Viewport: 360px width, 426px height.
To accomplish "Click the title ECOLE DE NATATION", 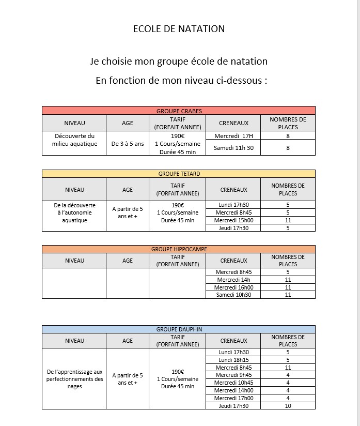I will coord(179,29).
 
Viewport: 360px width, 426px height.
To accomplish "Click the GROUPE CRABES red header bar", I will coord(179,111).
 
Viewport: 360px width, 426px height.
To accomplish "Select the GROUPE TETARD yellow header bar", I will coord(179,174).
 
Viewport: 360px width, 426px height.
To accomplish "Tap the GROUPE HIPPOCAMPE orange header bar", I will coord(179,249).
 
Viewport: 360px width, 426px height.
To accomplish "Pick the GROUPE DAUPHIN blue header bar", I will coord(179,329).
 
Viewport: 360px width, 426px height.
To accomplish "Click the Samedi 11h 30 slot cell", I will coord(233,148).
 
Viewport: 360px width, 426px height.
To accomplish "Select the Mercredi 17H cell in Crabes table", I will coord(233,136).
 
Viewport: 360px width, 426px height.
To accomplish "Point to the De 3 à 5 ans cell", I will coord(128,144).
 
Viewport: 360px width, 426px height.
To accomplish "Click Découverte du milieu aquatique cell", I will coord(74,140).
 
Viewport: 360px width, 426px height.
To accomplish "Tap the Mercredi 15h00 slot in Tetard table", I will coord(233,220).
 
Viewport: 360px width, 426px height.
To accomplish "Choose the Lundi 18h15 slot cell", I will coord(233,360).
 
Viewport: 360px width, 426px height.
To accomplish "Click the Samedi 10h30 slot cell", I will coord(233,295).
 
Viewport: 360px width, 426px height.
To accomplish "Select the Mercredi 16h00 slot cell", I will coord(233,287).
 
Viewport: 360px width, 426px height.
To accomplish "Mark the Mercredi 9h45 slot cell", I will coord(233,375).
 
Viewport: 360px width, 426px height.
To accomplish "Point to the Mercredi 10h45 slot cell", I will coord(233,383).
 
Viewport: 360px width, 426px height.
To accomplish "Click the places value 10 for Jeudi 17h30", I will coord(288,406).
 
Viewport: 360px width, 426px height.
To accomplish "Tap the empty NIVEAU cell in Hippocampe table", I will coord(74,283).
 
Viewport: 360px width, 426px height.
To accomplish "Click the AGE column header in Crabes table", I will coord(128,123).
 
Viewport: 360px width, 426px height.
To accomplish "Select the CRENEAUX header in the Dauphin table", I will coord(233,341).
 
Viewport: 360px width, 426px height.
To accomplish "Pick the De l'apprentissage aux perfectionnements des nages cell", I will coord(74,379).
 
